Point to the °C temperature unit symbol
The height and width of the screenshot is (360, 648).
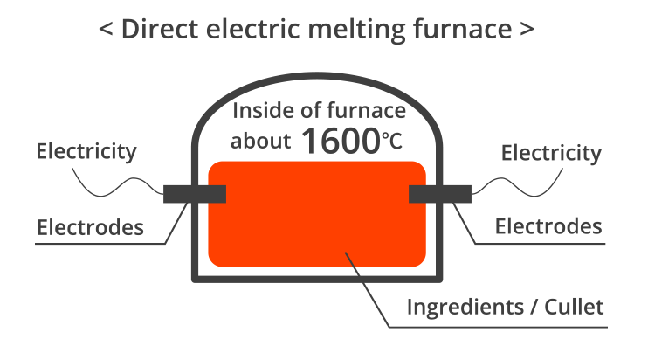(392, 142)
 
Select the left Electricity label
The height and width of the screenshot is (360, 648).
(86, 151)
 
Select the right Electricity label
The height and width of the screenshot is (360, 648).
(551, 153)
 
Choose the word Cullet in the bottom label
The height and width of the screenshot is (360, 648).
(574, 308)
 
